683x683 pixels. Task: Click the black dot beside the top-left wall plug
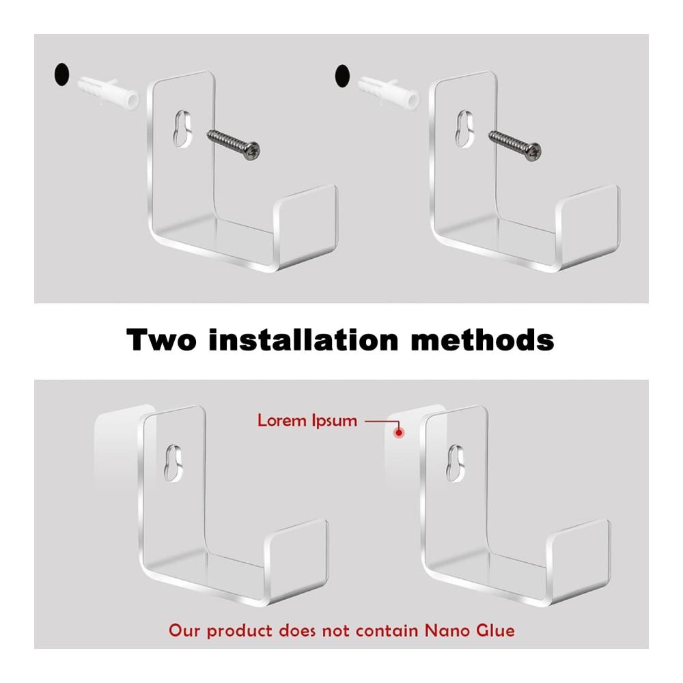tap(61, 74)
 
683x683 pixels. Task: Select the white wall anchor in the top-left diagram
tap(109, 92)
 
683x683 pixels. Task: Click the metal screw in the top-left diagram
tap(234, 144)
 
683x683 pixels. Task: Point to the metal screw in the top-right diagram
tap(515, 145)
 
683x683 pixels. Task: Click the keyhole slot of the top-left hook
tap(183, 128)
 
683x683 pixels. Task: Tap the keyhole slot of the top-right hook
tap(464, 128)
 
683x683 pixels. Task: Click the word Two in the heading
tap(161, 339)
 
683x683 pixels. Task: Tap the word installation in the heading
tap(304, 339)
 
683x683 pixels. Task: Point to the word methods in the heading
tap(483, 339)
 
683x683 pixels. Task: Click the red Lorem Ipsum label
tap(307, 421)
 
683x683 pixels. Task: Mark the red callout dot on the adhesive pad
tap(399, 433)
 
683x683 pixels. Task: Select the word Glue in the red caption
tap(495, 630)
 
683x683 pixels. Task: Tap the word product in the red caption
tap(239, 631)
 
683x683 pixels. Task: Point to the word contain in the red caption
tap(387, 630)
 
